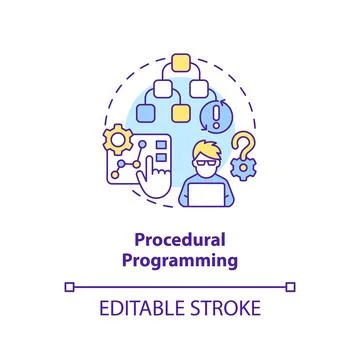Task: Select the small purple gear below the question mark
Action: click(245, 181)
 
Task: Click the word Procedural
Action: click(179, 242)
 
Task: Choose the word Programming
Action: click(180, 262)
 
